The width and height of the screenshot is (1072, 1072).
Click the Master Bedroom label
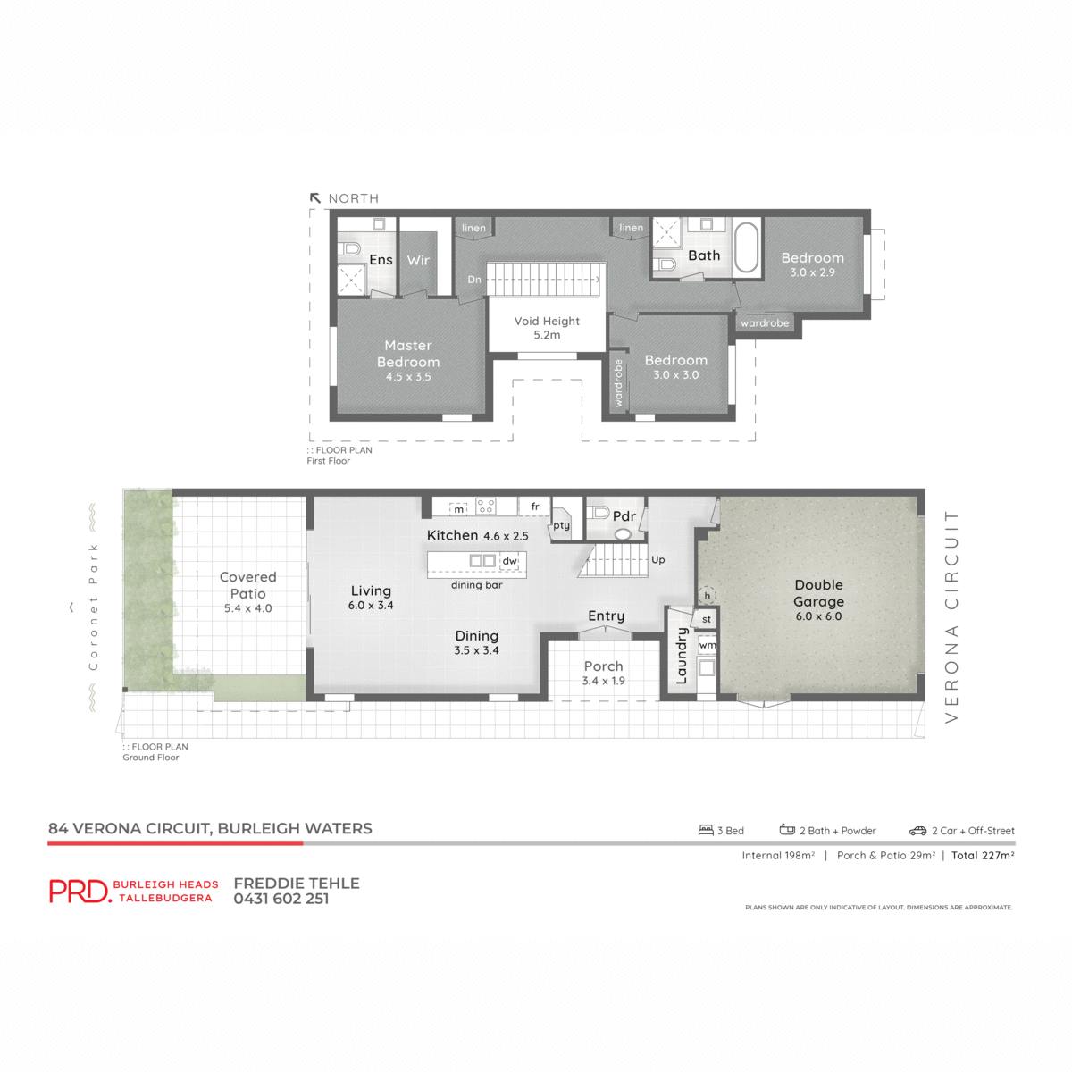coord(408,354)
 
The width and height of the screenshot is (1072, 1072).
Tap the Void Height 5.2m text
coord(547,328)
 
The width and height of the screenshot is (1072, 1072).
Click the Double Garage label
coord(818,593)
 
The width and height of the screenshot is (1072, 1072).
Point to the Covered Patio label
coord(247,585)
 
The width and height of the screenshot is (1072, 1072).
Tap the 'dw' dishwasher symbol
coord(509,561)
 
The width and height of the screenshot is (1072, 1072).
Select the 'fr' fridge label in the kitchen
coord(535,507)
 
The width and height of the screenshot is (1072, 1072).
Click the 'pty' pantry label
coord(561,525)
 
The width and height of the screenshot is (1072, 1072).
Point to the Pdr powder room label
coord(624,516)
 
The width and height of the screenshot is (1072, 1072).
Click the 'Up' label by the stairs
coord(658,560)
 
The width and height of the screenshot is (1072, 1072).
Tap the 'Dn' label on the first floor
coord(474,280)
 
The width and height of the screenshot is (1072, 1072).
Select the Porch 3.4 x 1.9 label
coord(604,673)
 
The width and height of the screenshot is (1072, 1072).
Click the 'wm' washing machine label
coord(708,645)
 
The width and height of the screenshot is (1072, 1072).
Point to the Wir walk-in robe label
coord(418,260)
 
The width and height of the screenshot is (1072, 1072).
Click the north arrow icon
coord(315,198)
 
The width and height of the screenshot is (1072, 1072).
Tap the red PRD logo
coord(80,891)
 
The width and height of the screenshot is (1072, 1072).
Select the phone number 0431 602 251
coord(281,899)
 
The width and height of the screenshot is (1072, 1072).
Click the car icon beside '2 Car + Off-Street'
coord(917,831)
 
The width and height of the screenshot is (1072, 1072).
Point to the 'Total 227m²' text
coord(983,856)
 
